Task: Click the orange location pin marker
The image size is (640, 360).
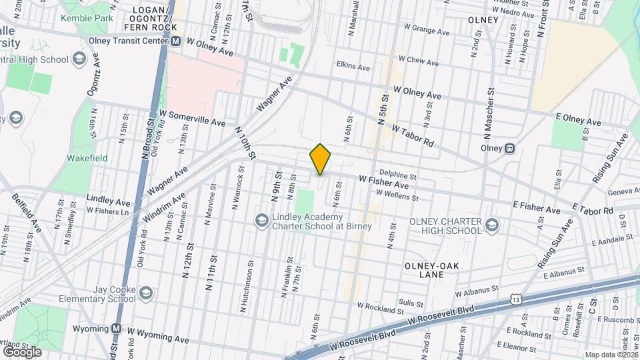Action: coord(320,159)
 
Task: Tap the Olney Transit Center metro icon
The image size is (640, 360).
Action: coord(177,41)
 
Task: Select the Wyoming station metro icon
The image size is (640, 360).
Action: coord(117,329)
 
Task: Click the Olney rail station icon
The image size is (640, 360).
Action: coord(509,148)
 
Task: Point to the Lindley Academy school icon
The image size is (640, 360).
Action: coord(261,219)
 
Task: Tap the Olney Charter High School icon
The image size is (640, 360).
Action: coord(492,223)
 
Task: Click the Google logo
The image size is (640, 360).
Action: coord(22,351)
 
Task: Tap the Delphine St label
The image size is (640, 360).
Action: coord(398,177)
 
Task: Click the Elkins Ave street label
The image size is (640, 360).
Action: coord(353,67)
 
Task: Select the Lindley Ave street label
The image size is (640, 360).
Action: coord(109,199)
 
